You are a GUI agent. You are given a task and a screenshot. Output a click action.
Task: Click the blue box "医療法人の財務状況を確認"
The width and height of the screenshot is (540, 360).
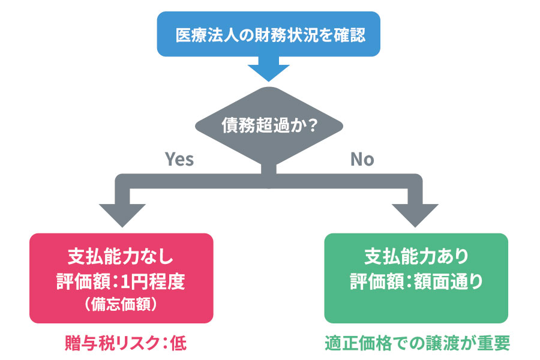(x=269, y=34)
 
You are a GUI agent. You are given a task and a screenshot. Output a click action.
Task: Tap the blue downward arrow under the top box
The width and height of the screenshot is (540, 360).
(x=269, y=71)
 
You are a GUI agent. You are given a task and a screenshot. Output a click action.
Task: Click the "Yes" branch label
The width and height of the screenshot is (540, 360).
(x=179, y=159)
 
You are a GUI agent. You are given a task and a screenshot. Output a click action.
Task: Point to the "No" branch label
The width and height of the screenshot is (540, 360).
(x=362, y=159)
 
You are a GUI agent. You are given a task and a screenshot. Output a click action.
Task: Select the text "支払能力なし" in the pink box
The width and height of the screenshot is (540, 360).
(x=121, y=256)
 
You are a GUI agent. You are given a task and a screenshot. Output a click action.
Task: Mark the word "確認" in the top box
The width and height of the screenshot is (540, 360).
(x=348, y=34)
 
